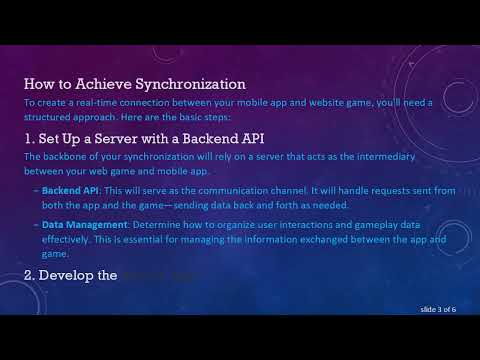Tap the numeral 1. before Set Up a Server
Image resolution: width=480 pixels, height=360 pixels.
point(29,136)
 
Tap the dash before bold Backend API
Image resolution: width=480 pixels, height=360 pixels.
point(35,188)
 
